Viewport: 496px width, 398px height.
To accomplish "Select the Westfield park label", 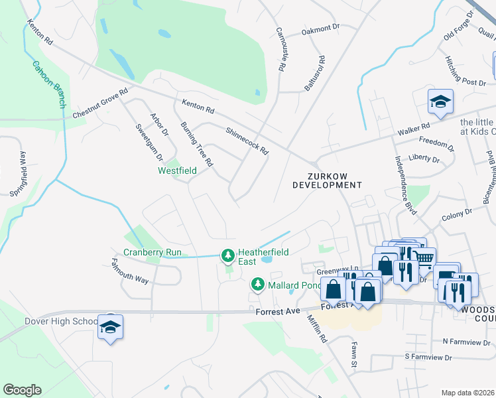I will pos(177,170).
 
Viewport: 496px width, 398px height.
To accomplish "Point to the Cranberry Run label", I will pos(153,252).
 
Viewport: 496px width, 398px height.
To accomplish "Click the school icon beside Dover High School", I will pos(111,327).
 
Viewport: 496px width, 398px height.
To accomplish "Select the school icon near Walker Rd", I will pos(439,101).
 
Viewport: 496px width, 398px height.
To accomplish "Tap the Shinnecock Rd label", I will pos(247,141).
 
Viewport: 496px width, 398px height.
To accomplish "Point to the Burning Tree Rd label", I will pos(197,144).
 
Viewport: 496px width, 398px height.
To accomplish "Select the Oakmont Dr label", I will pos(320,30).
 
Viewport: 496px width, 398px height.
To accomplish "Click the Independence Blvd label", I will pos(405,184).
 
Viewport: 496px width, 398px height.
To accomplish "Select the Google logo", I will pos(22,390).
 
